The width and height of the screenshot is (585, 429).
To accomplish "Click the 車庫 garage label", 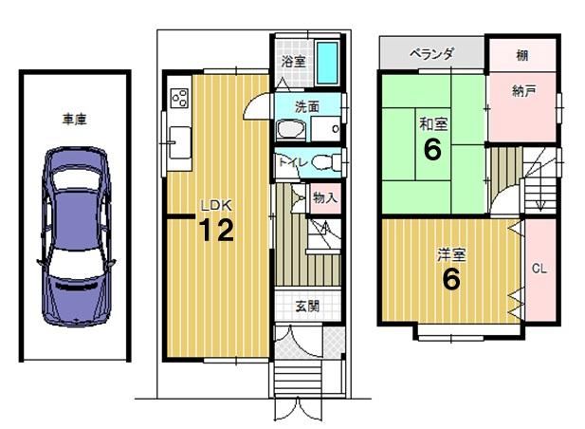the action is coord(75,120).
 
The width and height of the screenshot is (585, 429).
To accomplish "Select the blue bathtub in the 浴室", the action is coord(327,63).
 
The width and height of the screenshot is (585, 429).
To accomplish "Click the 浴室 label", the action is coord(294,62).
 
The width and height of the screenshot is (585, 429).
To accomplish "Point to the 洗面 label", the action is coord(307,107).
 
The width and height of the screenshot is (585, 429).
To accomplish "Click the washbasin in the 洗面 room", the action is coord(291,130).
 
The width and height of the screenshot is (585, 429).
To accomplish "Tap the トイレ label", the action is coord(293,163).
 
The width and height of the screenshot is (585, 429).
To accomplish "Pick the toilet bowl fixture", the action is coord(325,163).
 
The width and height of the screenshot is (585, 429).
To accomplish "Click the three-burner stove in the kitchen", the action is coord(179,98).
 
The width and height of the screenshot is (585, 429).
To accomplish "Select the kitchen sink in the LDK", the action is coord(180,142).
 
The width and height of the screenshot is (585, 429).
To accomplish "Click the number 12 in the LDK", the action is coord(216,230).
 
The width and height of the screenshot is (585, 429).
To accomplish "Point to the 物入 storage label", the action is coord(325,197).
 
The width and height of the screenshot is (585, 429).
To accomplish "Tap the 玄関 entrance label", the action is coord(307,307).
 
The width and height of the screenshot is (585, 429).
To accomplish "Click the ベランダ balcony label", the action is coord(431,54).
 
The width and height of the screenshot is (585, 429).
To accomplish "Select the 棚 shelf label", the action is coord(521,56).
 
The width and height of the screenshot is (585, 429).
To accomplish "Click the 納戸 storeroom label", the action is coord(523,91).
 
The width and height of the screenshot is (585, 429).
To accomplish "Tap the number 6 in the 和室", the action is coord(432,149).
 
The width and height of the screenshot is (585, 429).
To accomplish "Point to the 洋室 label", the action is coord(451,255).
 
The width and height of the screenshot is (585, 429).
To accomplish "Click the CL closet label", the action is coord(539,269).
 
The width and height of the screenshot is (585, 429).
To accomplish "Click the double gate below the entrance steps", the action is coord(298,410).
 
